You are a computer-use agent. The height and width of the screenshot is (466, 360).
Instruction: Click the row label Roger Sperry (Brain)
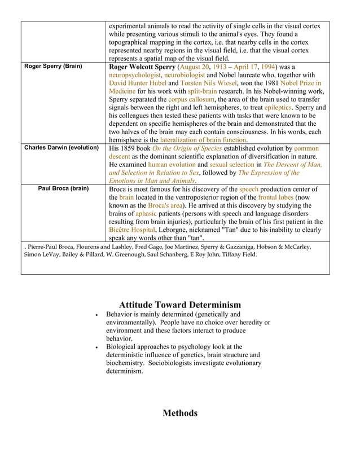(52, 67)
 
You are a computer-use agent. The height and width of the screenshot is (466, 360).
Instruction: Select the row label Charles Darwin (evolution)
(62, 148)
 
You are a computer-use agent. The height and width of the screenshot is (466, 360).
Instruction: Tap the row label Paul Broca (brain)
(63, 188)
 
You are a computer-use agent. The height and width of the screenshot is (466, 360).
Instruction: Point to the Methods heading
(180, 414)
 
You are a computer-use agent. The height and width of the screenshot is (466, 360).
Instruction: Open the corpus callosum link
(190, 99)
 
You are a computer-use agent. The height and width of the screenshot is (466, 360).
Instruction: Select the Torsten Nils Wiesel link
(204, 83)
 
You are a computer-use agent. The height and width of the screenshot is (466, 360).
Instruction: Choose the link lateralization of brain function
(203, 139)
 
